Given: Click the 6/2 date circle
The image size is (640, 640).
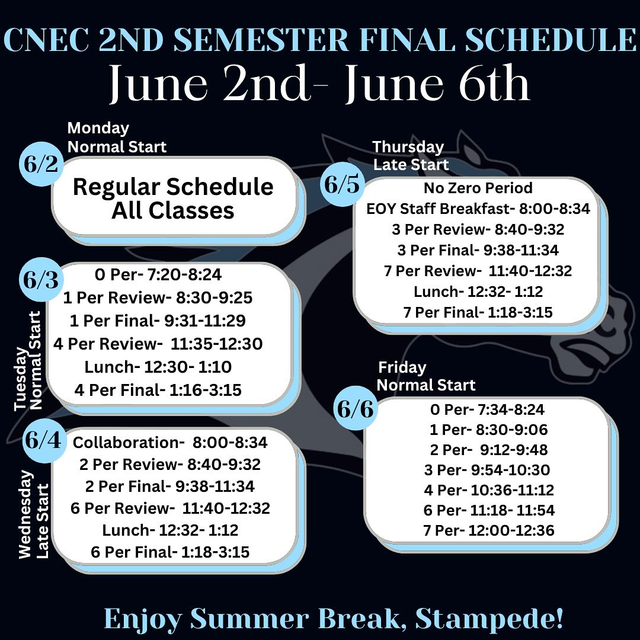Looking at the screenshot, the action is (x=41, y=164).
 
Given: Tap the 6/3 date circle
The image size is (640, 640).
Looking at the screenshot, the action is (x=41, y=280).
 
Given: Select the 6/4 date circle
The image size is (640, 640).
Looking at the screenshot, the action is (x=44, y=440).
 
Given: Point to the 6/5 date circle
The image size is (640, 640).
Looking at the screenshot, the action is (x=342, y=184).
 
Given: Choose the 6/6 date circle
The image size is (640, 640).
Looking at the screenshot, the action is (x=356, y=408).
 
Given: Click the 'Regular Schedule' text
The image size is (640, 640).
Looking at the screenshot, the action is (x=173, y=187).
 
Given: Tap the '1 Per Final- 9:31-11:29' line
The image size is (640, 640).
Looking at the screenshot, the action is (x=158, y=321).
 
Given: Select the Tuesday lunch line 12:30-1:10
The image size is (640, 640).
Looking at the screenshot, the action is (x=158, y=367).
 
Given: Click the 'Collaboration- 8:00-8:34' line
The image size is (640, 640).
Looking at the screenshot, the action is (x=170, y=443).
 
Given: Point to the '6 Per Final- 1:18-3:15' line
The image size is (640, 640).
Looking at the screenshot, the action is (x=170, y=552).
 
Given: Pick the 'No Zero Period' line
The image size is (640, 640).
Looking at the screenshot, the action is (x=478, y=188).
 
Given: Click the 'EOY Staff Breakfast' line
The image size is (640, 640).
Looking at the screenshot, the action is (x=478, y=209).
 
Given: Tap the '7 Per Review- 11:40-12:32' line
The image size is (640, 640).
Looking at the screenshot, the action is (x=478, y=271).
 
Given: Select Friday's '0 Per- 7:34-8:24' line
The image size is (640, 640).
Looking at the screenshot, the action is (x=487, y=409).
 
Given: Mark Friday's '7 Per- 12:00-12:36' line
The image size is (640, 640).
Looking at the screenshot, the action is (x=489, y=530).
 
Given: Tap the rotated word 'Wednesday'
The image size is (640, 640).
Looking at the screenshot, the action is (x=25, y=514).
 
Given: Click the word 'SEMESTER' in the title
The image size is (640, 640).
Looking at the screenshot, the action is (x=261, y=40).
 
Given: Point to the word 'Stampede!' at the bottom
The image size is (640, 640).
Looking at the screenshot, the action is (x=489, y=619).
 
